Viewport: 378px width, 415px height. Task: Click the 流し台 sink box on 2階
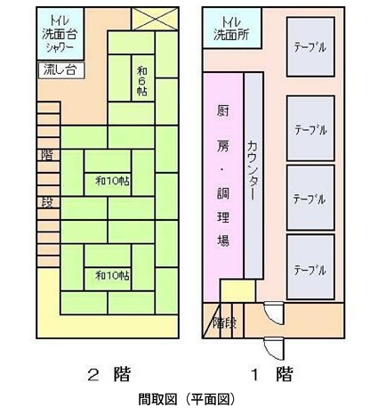(61, 70)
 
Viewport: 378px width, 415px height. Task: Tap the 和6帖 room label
(142, 81)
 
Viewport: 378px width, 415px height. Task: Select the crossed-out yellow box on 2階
(155, 19)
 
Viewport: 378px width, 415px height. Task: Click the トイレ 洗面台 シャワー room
(60, 34)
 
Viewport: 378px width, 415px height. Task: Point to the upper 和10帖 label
(112, 181)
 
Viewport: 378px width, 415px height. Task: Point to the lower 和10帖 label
(112, 275)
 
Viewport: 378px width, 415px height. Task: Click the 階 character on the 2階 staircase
(47, 155)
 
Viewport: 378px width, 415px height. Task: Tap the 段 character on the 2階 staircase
(47, 202)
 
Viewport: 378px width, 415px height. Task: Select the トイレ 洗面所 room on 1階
(232, 28)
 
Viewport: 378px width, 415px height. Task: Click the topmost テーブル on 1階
(310, 47)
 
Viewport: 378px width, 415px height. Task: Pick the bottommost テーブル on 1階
(310, 267)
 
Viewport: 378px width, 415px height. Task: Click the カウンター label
(253, 170)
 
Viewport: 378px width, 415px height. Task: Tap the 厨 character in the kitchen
(223, 112)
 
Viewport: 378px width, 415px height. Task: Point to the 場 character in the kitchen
(223, 240)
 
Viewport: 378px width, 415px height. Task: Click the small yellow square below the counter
(237, 290)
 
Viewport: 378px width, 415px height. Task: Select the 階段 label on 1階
(224, 323)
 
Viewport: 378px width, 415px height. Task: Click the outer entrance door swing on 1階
(274, 348)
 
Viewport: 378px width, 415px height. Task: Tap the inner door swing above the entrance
(274, 313)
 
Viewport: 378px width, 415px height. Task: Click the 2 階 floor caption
(109, 374)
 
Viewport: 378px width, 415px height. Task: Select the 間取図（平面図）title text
(187, 400)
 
